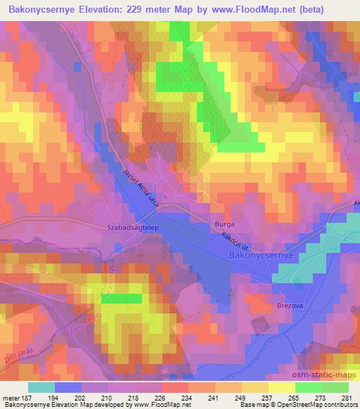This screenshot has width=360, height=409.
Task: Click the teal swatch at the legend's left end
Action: (x=41, y=387)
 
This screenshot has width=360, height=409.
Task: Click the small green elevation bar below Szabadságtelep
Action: (x=121, y=298)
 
